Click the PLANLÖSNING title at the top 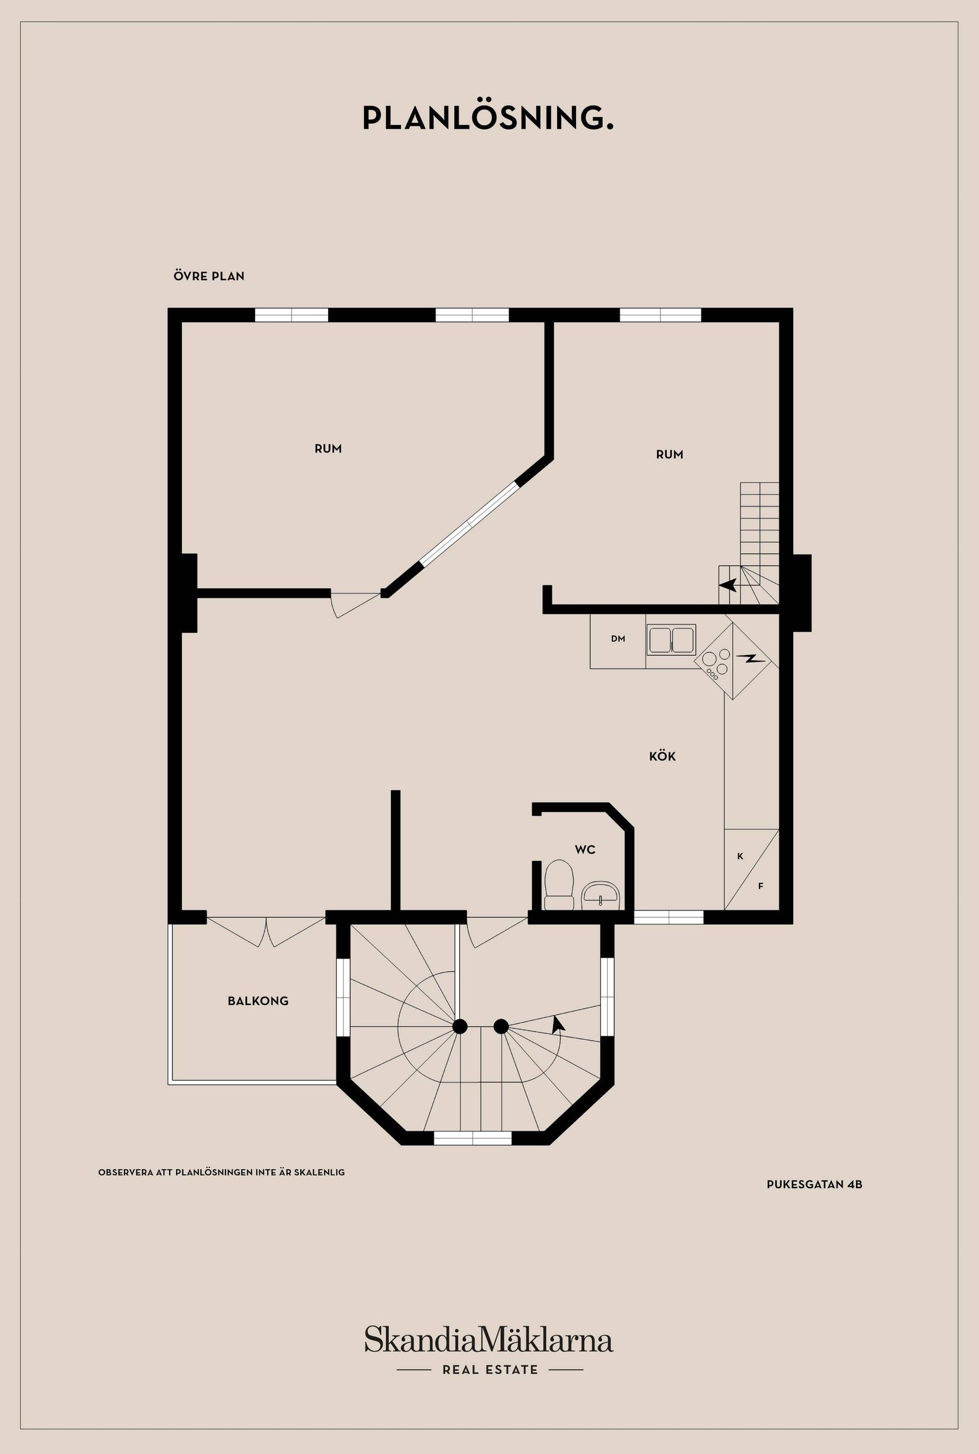tap(488, 119)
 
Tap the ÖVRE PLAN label tap(209, 276)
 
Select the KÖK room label tap(662, 756)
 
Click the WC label tap(585, 850)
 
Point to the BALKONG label tap(258, 1001)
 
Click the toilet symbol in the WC tap(559, 886)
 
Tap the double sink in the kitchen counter tap(671, 640)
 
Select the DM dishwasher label tap(618, 639)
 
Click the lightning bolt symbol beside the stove tap(750, 658)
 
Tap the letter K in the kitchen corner tap(740, 857)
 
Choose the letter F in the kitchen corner tap(761, 886)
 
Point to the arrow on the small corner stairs tap(728, 585)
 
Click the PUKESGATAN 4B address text tap(814, 1184)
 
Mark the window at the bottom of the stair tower tap(473, 1138)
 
